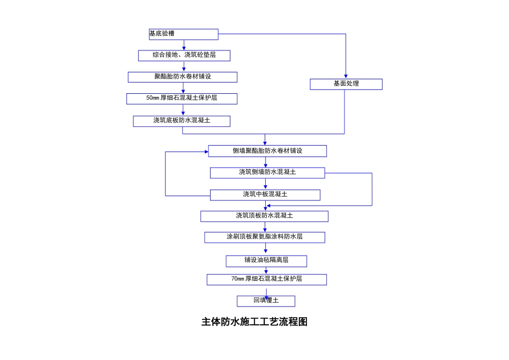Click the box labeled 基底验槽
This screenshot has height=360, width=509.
pos(183,34)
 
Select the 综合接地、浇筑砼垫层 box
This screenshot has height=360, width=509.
pos(184,56)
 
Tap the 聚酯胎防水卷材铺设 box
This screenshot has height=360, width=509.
pos(182,77)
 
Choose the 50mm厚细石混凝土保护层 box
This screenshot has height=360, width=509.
pos(182,99)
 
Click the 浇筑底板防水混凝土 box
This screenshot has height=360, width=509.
pos(182,121)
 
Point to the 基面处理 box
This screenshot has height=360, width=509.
pos(346,84)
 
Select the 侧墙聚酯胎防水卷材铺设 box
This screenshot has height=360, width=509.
pos(267,151)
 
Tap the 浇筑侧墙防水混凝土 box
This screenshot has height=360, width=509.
pos(267,172)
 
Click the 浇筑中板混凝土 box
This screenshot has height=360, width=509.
pos(265,195)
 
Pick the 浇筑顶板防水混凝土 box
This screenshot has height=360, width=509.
pos(264,216)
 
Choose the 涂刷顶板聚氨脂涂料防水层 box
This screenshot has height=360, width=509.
pos(265,237)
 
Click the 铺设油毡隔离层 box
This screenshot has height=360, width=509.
pos(266,261)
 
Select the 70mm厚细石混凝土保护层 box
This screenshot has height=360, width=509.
pos(267,280)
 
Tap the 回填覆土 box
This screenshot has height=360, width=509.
pos(266,301)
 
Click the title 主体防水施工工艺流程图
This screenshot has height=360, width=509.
pos(254,322)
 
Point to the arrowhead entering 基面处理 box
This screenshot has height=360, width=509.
pos(346,77)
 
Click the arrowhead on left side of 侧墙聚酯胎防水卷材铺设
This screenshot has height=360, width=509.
pos(206,152)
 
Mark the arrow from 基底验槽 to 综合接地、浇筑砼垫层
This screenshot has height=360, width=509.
pos(184,46)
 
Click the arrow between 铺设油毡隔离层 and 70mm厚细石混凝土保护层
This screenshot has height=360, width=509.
pos(266,271)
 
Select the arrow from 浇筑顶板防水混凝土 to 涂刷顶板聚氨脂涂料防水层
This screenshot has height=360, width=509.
pos(265,227)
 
